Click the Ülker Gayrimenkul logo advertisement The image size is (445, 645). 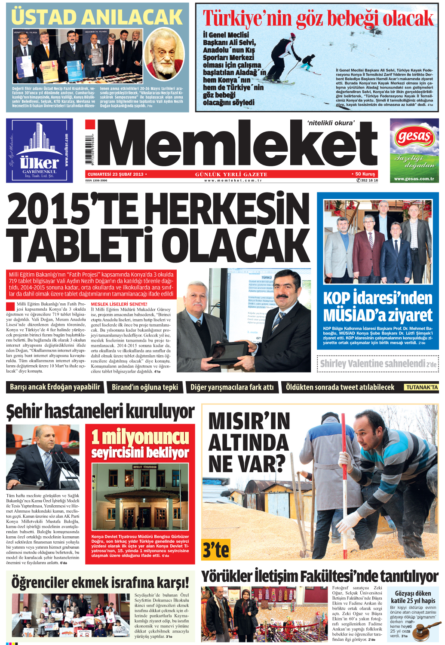(x=39, y=150)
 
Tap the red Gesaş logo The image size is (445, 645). (x=414, y=137)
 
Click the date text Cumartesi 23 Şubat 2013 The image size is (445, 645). (x=115, y=174)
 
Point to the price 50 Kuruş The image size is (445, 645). (x=365, y=174)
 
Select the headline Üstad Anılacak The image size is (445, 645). (x=97, y=17)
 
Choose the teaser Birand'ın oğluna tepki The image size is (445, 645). (x=145, y=387)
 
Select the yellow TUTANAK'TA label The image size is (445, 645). (x=422, y=387)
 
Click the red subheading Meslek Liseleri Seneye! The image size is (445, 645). (x=119, y=304)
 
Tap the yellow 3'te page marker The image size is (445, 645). (x=216, y=550)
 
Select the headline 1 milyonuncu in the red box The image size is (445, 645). (x=140, y=437)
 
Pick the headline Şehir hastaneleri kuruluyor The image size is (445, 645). (x=100, y=412)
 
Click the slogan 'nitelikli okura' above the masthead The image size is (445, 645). (x=331, y=123)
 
